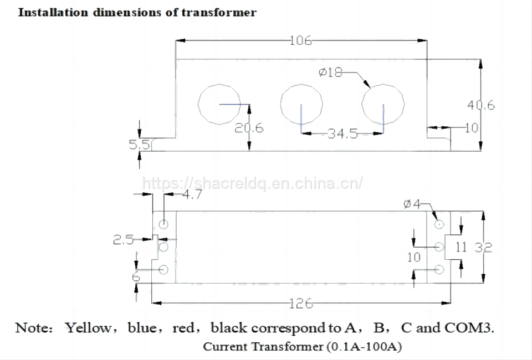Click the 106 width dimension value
point(301,40)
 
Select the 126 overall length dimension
point(301,304)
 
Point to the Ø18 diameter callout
point(331,72)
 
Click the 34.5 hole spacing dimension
point(342,133)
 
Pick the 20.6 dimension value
point(249,128)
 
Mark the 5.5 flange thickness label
point(139,145)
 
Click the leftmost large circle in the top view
point(219,104)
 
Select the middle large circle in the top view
point(301,104)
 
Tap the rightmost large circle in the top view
point(382,104)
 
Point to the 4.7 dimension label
point(192,194)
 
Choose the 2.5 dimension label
point(123,240)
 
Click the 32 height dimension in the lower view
point(483,248)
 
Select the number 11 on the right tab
point(461,247)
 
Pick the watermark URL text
point(253,183)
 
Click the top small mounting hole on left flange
point(163,224)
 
